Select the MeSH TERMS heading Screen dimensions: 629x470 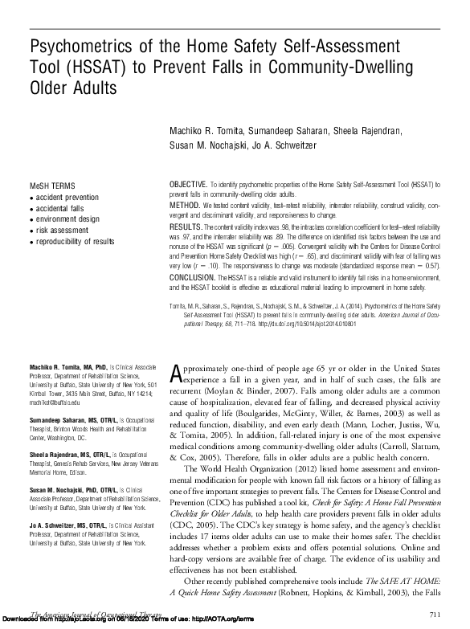51,185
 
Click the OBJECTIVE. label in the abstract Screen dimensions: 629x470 187,185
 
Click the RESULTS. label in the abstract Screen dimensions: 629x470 185,229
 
